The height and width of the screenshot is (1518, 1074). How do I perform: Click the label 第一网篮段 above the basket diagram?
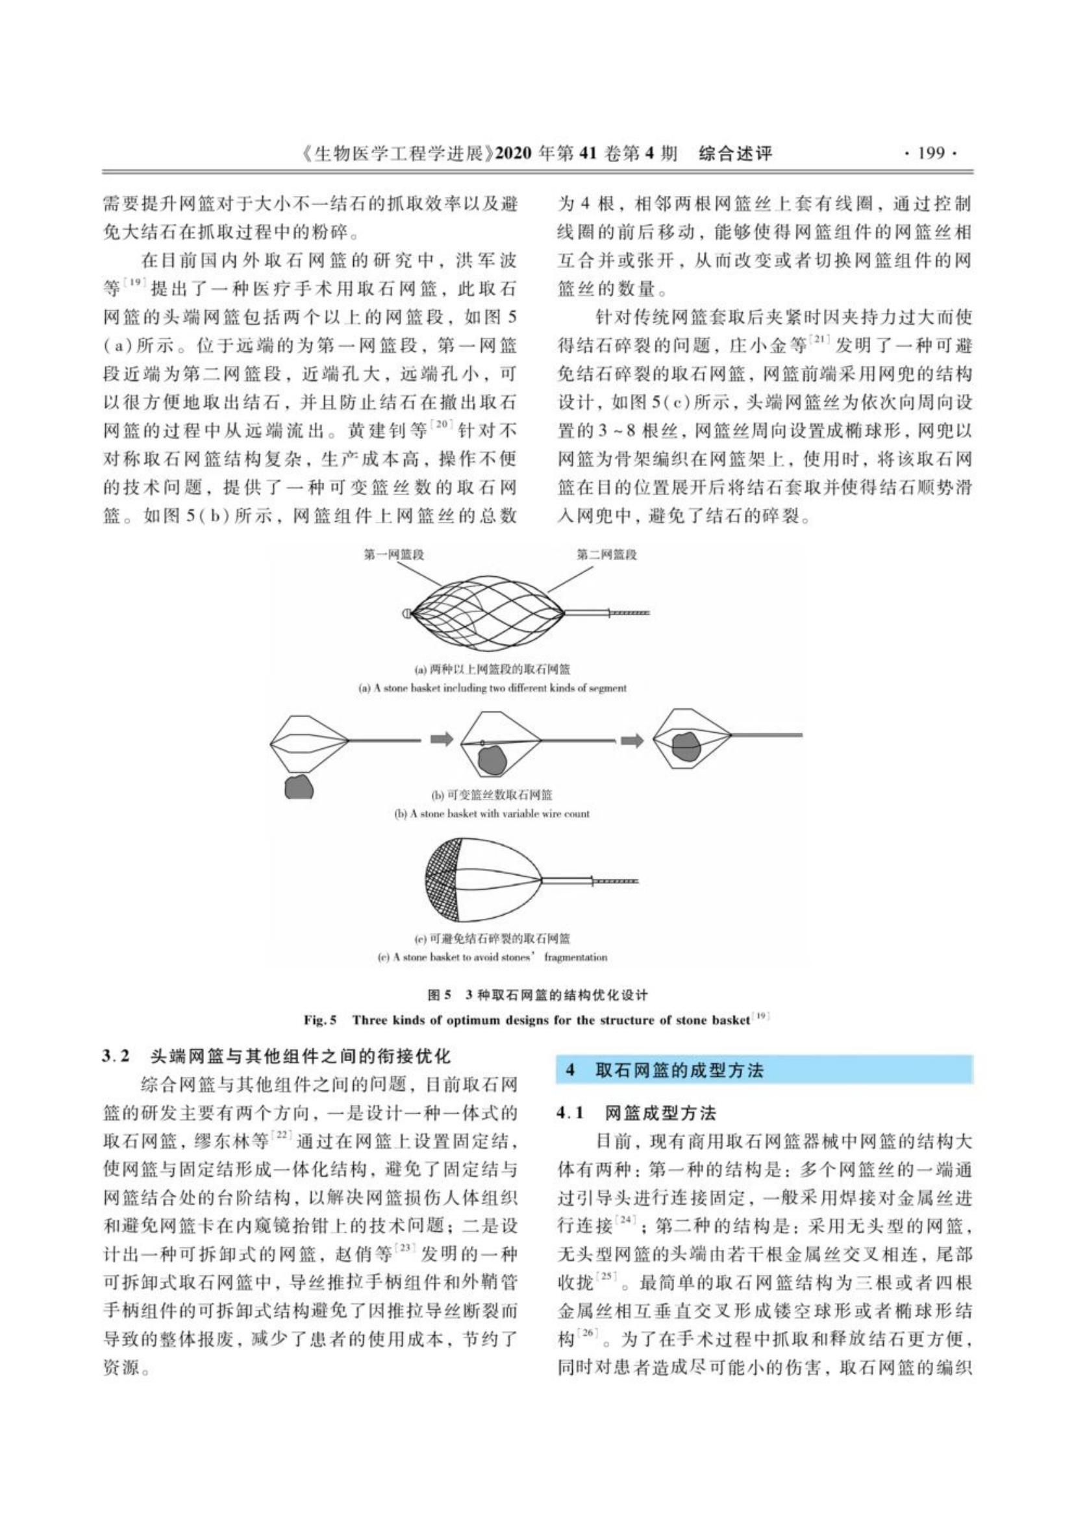coord(393,555)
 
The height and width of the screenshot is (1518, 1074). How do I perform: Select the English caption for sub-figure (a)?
coord(492,688)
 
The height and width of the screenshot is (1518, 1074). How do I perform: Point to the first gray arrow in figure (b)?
coord(442,739)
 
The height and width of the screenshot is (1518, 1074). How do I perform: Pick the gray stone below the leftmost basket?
coord(299,786)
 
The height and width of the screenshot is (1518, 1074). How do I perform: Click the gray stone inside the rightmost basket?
coord(686,746)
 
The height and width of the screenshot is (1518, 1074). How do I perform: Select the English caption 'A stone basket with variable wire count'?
coord(492,814)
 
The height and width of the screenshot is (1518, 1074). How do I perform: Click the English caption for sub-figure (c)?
coord(492,957)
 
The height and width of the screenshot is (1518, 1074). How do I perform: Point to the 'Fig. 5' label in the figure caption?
coord(320,1020)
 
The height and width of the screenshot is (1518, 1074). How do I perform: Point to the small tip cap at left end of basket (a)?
coord(405,613)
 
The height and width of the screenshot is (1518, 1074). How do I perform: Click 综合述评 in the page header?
coord(736,154)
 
